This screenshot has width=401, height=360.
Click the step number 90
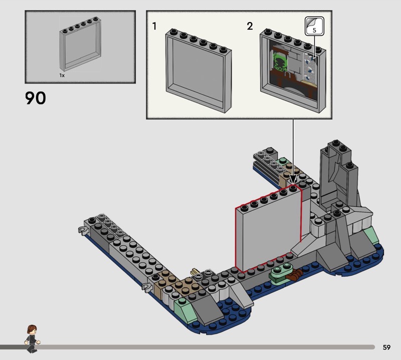(x=36, y=98)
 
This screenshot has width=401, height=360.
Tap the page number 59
(x=386, y=347)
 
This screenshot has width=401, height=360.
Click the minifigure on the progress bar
(x=32, y=339)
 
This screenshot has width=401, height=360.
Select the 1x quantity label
(x=62, y=76)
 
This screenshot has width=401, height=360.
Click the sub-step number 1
(x=154, y=26)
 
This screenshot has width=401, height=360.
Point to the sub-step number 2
(x=250, y=26)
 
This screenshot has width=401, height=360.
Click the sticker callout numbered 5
(x=314, y=26)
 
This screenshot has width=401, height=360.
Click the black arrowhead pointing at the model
(x=293, y=178)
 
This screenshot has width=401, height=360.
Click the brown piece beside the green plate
(x=294, y=275)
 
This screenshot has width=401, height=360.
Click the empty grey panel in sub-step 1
(x=198, y=71)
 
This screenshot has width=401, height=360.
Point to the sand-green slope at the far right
(x=371, y=235)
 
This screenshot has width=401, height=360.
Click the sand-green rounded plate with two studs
(x=281, y=271)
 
